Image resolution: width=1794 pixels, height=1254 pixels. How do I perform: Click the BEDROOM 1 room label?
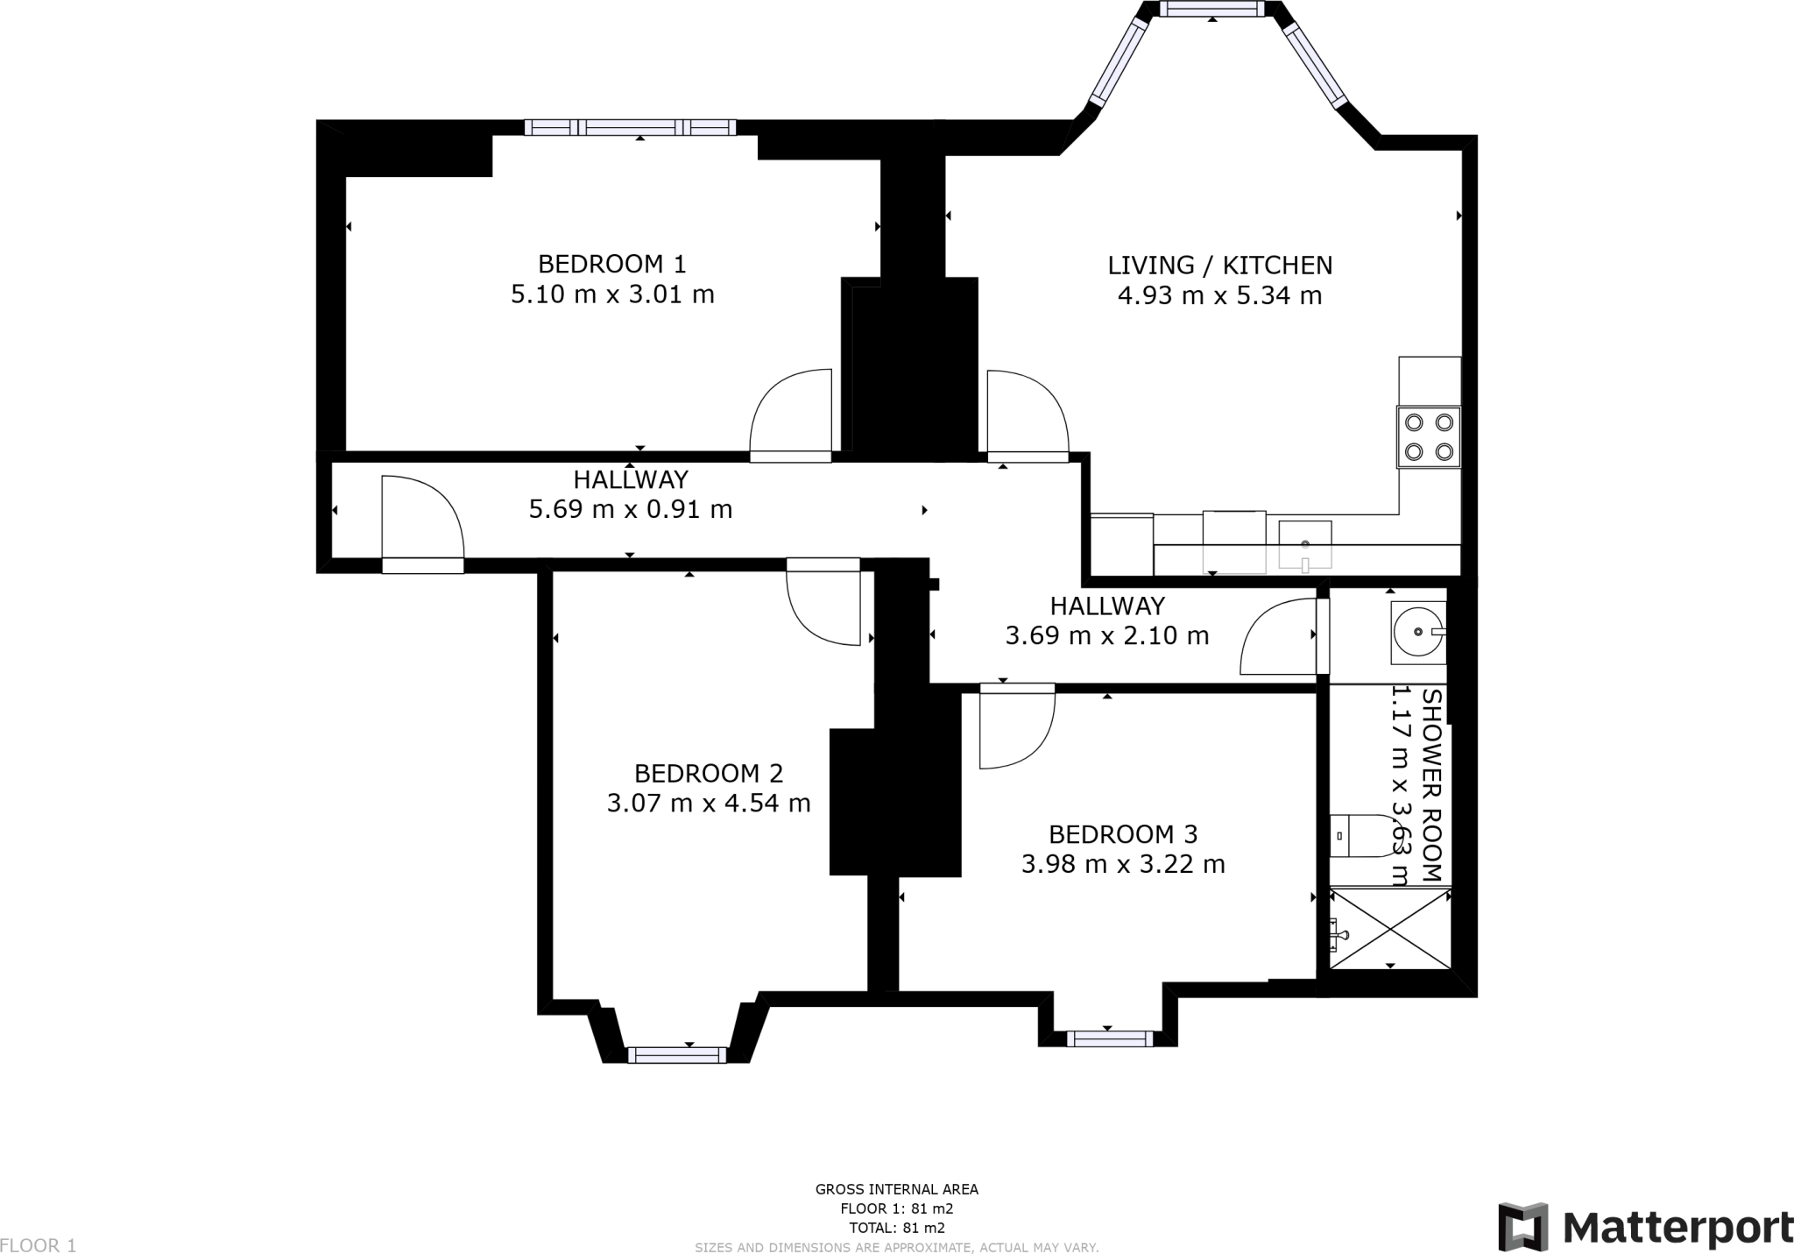[x=611, y=264]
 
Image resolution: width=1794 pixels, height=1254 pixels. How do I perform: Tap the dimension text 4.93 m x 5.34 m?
[x=1219, y=295]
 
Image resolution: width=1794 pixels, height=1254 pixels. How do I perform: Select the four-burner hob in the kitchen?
[x=1429, y=436]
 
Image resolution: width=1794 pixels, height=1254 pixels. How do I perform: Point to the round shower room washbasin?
[x=1418, y=630]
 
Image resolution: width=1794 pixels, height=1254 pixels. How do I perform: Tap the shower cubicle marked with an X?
[x=1390, y=928]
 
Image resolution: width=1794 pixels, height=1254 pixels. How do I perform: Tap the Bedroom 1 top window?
[x=631, y=127]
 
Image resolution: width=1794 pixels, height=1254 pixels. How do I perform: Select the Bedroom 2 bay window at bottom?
[x=677, y=1055]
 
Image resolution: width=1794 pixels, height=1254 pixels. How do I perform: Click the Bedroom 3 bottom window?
[x=1110, y=1038]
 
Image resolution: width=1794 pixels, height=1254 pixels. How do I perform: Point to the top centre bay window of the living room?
[x=1212, y=9]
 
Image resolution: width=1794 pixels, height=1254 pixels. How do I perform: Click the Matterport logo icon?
[x=1524, y=1227]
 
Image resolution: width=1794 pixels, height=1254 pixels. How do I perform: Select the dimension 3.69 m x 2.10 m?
[x=1107, y=635]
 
